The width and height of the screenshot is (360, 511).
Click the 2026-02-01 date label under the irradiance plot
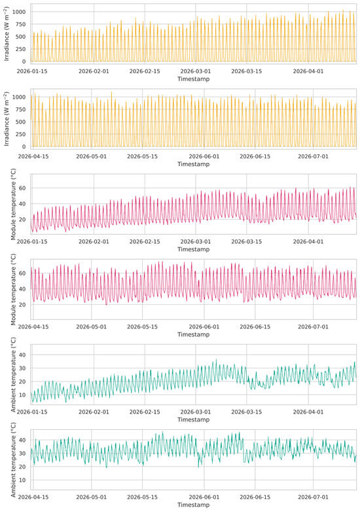(94, 71)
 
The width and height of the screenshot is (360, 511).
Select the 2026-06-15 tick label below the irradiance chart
(255, 156)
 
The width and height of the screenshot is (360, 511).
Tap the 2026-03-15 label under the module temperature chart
(247, 241)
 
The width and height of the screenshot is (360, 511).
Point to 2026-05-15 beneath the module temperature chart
(142, 326)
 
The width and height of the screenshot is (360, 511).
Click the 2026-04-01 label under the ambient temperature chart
(308, 412)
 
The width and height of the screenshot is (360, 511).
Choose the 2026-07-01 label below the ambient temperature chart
(314, 497)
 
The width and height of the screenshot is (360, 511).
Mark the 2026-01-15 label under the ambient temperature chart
(32, 412)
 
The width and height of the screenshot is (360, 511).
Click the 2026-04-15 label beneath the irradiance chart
(33, 156)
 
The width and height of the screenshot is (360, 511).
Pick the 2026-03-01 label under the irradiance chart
(196, 71)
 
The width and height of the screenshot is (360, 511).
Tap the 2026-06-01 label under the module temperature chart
(204, 326)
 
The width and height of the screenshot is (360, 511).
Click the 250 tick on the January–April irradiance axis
(21, 49)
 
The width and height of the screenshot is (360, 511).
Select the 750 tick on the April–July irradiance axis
(21, 109)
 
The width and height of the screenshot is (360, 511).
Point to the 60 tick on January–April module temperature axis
(22, 188)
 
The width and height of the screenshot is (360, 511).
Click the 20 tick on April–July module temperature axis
(22, 305)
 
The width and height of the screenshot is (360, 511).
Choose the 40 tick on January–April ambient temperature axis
(22, 355)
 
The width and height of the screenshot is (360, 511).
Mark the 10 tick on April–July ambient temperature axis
(22, 480)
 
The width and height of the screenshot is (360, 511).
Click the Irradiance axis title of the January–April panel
(6, 33)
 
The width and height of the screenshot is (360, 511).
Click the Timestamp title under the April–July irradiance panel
(193, 164)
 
